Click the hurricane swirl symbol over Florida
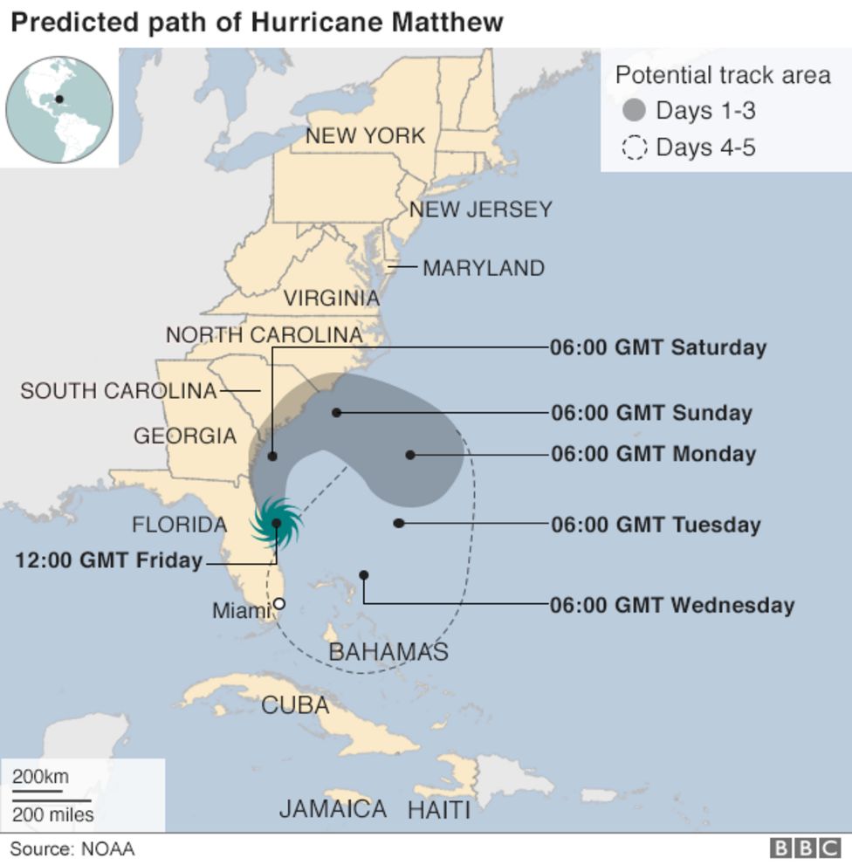pos(276,523)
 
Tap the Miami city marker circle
pos(279,603)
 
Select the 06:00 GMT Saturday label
pos(657,347)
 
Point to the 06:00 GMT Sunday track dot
pos(336,412)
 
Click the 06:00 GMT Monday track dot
pos(410,455)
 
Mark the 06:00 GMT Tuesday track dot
pos(399,523)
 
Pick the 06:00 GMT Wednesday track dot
pos(363,575)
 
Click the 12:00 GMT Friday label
pos(108,560)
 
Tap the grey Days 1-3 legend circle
pos(635,111)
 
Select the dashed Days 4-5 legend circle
pos(635,148)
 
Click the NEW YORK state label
pos(365,135)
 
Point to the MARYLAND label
pos(483,268)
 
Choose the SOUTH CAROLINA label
pos(118,391)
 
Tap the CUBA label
pos(295,705)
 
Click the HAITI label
pos(438,810)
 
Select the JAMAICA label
pos(333,809)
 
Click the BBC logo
pos(803,848)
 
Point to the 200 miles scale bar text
pos(52,815)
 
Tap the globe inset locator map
pos(59,108)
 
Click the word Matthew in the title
pos(446,22)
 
